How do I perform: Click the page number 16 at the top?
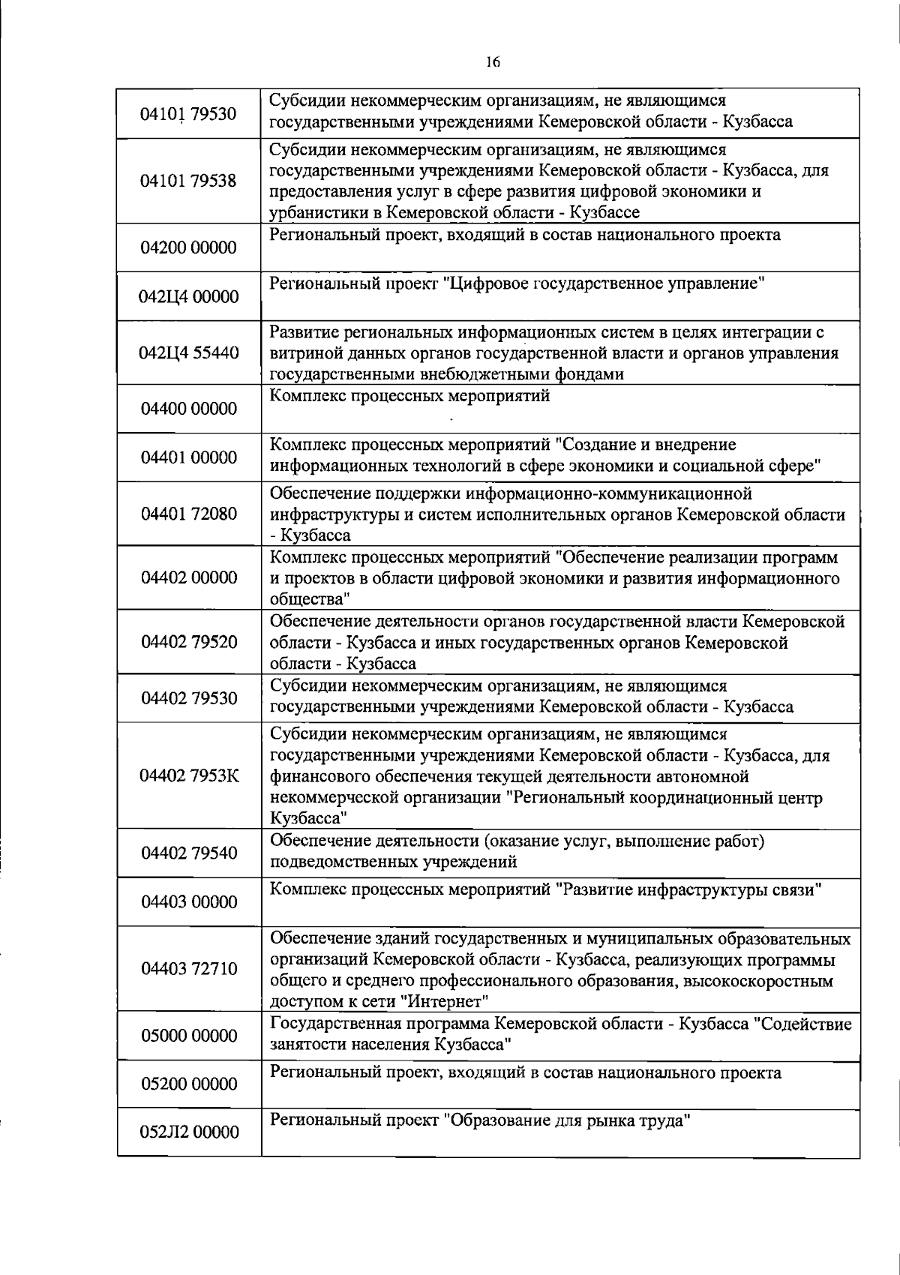[x=493, y=63]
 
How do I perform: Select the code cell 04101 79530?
[x=189, y=114]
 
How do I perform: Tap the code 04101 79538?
[x=189, y=181]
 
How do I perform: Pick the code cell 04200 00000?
[x=189, y=247]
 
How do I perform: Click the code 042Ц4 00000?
[x=189, y=297]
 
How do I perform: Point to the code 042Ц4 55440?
[x=189, y=352]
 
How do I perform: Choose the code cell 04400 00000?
[x=189, y=409]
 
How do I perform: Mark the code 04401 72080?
[x=189, y=514]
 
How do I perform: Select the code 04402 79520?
[x=189, y=642]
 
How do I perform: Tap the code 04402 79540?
[x=189, y=853]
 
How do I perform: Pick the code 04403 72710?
[x=189, y=969]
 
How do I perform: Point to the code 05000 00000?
[x=189, y=1036]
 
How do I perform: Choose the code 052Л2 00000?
[x=189, y=1132]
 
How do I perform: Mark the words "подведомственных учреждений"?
[x=393, y=862]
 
